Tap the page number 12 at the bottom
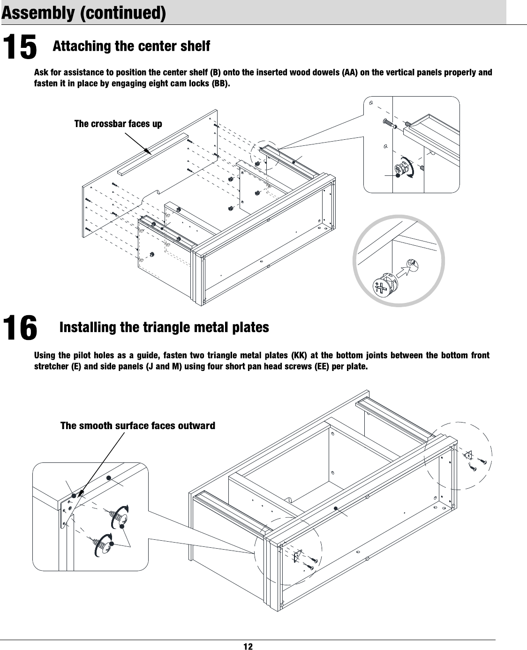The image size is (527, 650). click(x=248, y=646)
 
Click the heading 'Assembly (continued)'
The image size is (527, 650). click(x=84, y=13)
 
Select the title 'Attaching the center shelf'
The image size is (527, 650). click(x=131, y=47)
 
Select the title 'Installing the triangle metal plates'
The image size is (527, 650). click(x=164, y=327)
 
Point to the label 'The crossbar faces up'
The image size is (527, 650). click(x=118, y=124)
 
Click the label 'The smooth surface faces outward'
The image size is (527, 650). click(x=138, y=426)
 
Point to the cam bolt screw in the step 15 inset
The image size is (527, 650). click(x=390, y=123)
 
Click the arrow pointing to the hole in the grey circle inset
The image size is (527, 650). click(x=402, y=271)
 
